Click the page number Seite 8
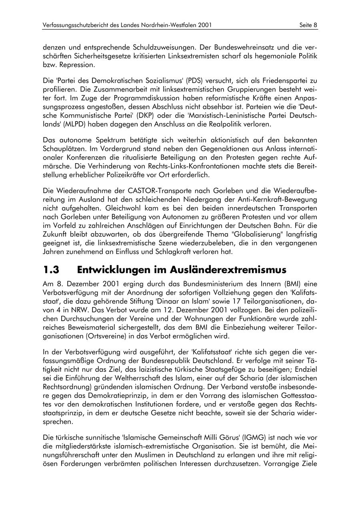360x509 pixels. (308, 25)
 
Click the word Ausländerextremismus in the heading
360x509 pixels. (229, 270)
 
